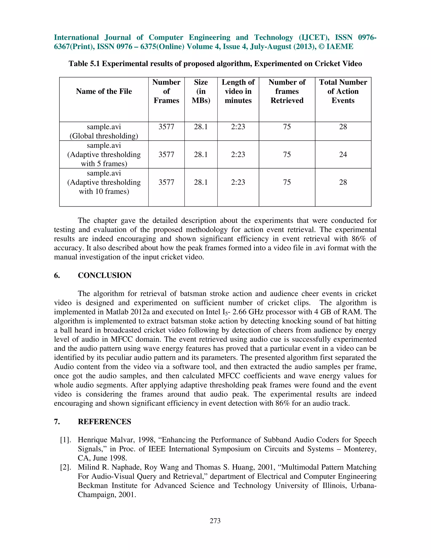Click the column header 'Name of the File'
click(104, 91)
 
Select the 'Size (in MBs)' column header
click(201, 91)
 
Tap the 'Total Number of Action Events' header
click(343, 91)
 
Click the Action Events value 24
click(343, 155)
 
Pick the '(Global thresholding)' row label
click(104, 136)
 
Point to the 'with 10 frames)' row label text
click(104, 191)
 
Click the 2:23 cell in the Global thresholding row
click(238, 127)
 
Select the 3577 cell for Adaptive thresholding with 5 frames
click(166, 155)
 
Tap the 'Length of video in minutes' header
click(238, 91)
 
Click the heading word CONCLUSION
click(105, 275)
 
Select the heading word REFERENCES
click(104, 422)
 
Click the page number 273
click(215, 521)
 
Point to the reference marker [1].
click(65, 440)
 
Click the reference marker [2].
click(65, 467)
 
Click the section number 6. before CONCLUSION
click(57, 275)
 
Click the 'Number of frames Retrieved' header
click(287, 91)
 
